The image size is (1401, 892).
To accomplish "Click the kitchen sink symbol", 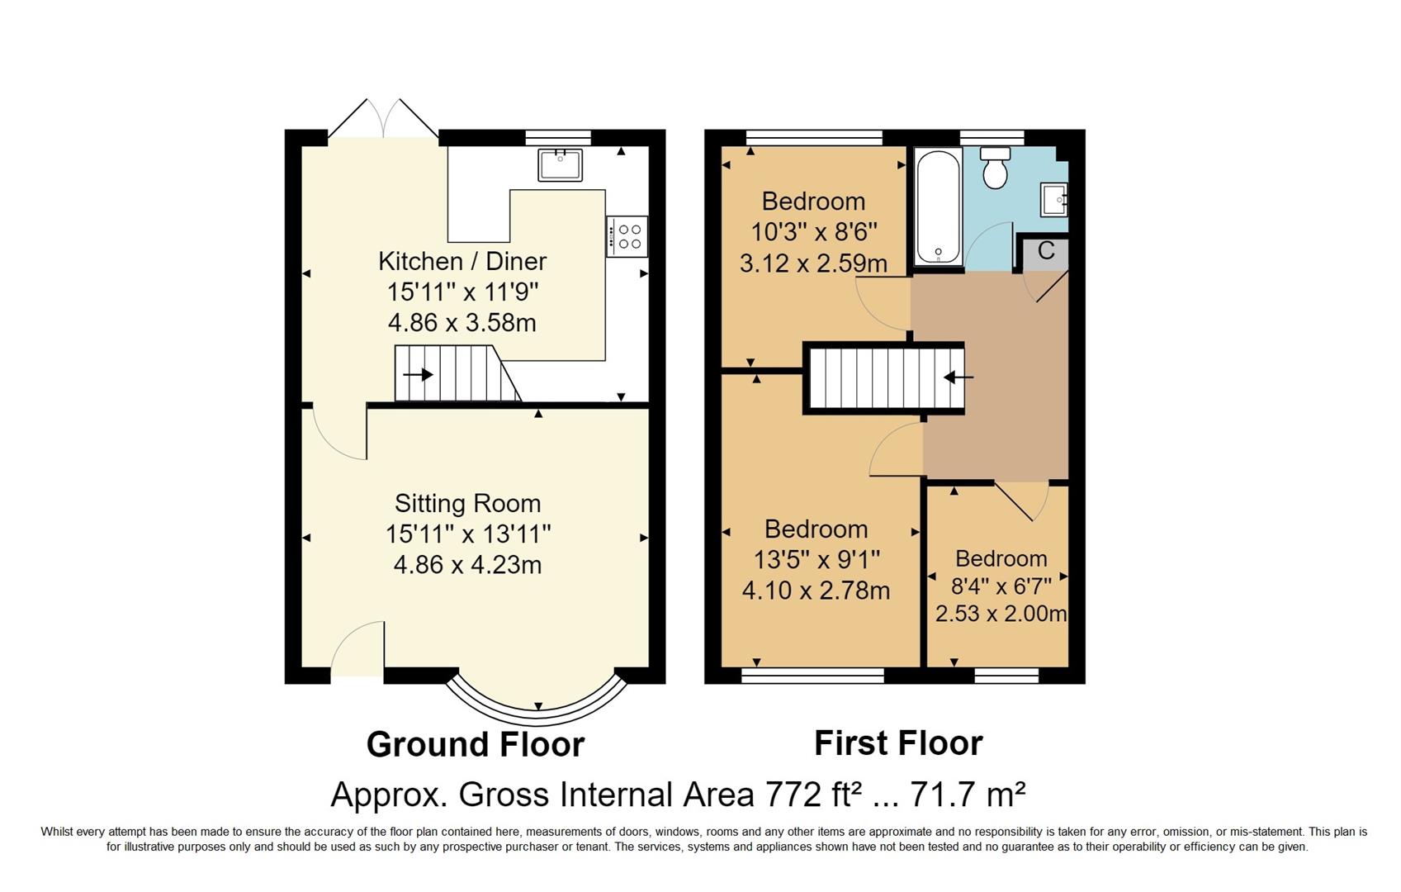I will click(560, 164).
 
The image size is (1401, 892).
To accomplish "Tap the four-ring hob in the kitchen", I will click(627, 237).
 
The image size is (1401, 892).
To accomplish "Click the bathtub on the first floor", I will click(939, 206).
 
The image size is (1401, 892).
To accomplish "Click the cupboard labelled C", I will click(1045, 252).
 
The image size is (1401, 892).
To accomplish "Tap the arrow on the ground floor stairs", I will click(419, 375).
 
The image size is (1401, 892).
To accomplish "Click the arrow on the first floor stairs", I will click(958, 377).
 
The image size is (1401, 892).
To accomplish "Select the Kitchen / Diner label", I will click(462, 261).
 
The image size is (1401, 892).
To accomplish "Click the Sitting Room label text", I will click(467, 503).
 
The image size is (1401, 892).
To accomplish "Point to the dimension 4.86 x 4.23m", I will click(467, 565).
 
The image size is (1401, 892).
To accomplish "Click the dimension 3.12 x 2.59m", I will click(813, 263).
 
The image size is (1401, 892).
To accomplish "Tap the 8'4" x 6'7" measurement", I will click(1001, 586).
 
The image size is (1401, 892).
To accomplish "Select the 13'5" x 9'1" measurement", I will click(816, 560).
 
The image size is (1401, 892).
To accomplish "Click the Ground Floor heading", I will click(475, 744).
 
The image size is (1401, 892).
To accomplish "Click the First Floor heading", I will click(898, 743).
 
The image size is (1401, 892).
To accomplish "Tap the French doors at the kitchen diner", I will click(383, 120).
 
